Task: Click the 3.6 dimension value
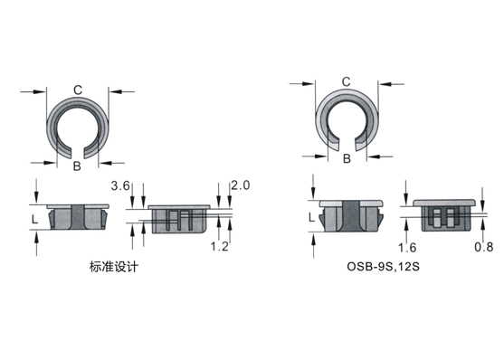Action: pyautogui.click(x=120, y=185)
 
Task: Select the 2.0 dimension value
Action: pyautogui.click(x=241, y=185)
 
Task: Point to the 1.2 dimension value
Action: pyautogui.click(x=220, y=246)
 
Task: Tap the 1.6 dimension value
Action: pyautogui.click(x=407, y=248)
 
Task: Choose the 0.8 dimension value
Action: pyautogui.click(x=484, y=247)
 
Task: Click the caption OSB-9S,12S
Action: pyautogui.click(x=383, y=267)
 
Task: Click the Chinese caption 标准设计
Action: pyautogui.click(x=114, y=267)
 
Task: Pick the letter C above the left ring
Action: pyautogui.click(x=78, y=90)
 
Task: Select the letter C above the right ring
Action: pyautogui.click(x=346, y=82)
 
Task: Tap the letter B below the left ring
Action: pyautogui.click(x=77, y=166)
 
